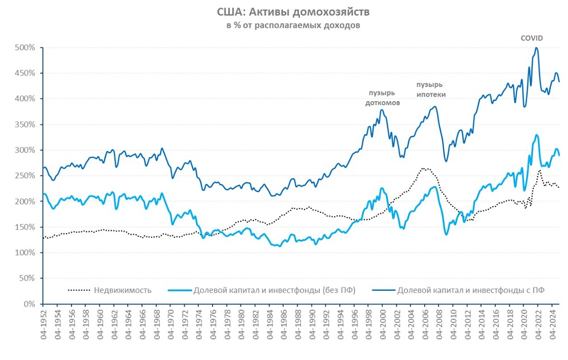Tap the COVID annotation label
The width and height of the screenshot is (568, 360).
(x=532, y=38)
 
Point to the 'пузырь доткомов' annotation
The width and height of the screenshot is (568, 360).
(x=382, y=98)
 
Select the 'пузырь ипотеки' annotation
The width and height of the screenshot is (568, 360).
(x=431, y=89)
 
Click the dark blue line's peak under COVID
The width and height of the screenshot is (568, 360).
(x=536, y=48)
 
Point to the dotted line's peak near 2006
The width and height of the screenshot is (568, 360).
(x=423, y=168)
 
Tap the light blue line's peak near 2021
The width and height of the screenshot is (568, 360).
(x=536, y=135)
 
